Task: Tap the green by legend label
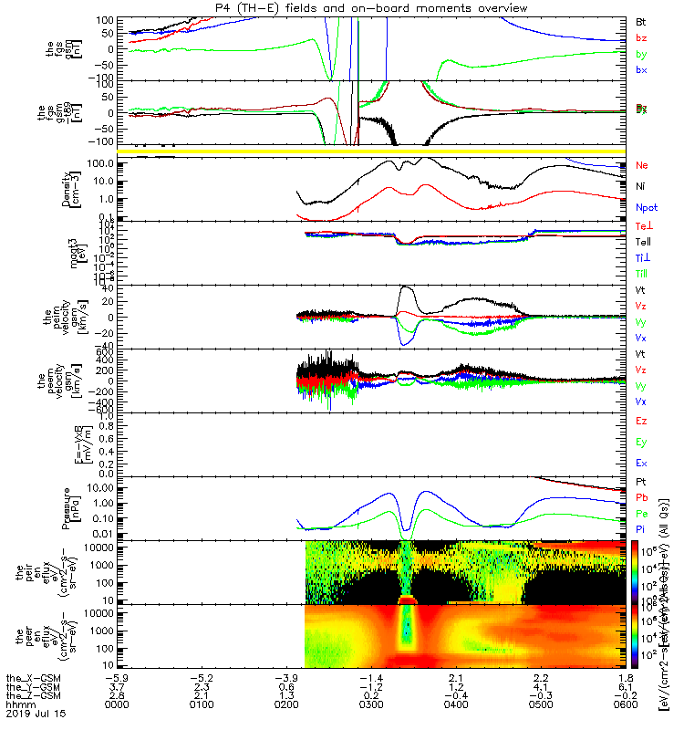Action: coord(641,55)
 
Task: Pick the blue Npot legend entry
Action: coord(645,207)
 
